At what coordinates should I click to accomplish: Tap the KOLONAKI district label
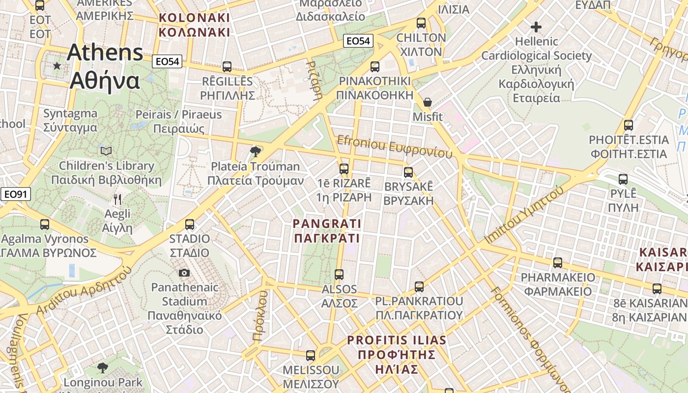[x=195, y=25]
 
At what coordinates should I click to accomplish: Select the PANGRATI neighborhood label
[x=327, y=231]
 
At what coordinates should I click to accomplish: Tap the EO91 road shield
[x=15, y=194]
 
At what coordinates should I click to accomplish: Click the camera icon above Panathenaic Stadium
[x=184, y=273]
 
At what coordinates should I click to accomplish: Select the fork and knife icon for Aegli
[x=117, y=199]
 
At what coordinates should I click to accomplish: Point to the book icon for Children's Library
[x=106, y=151]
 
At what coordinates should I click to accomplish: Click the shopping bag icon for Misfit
[x=428, y=102]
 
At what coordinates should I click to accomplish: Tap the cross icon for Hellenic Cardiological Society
[x=536, y=27]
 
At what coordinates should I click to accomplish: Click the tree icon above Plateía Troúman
[x=255, y=151]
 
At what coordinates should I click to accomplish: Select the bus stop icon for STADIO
[x=190, y=225]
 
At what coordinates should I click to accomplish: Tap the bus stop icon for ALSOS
[x=339, y=275]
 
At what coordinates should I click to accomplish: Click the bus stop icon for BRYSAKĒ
[x=408, y=172]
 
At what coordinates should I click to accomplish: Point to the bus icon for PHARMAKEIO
[x=558, y=263]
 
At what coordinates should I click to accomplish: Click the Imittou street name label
[x=523, y=216]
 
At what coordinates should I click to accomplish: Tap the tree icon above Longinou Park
[x=103, y=367]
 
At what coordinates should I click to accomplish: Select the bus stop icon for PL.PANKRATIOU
[x=419, y=286]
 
